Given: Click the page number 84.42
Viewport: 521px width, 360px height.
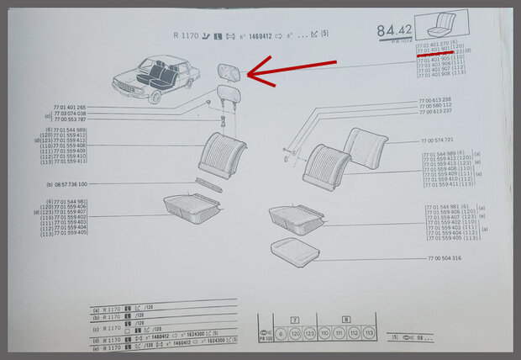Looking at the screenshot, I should [392, 31].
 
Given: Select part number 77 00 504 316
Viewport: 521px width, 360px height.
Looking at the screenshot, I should [443, 258].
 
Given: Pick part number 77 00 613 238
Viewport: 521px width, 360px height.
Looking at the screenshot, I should [434, 99].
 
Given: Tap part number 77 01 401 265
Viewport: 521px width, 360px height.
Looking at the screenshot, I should [69, 108].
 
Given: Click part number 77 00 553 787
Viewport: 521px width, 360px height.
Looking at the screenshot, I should [69, 119].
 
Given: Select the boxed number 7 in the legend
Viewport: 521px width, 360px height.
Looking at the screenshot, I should [295, 321].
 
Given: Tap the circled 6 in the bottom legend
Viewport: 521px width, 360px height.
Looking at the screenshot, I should [280, 333].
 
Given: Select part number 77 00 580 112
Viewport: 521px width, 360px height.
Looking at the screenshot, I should [434, 105].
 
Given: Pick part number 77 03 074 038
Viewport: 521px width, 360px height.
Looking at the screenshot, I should [69, 114].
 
